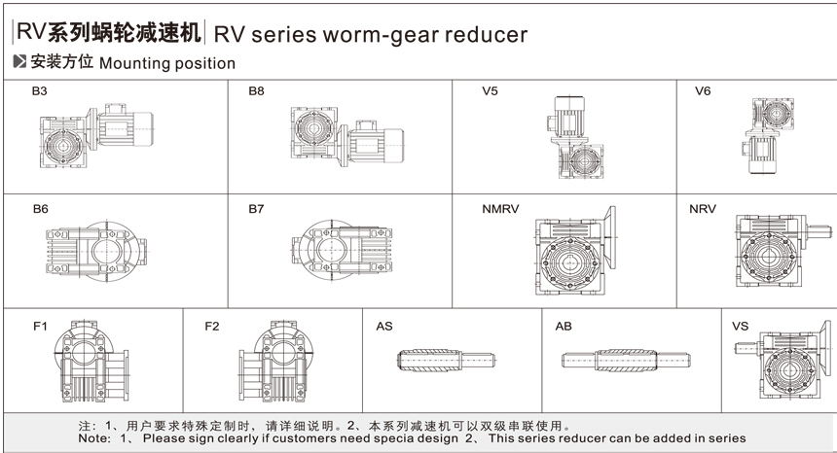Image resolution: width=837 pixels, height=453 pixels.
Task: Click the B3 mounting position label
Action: coord(40,92)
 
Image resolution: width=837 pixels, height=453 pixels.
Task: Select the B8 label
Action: coord(256,92)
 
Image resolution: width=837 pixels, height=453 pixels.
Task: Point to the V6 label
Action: coord(703,92)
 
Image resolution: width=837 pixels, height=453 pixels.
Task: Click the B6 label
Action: coord(40,209)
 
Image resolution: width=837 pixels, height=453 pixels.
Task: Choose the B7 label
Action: coord(256,209)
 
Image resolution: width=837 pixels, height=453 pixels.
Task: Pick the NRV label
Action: coord(706,209)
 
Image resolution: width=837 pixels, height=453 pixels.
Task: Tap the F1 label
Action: coord(40,326)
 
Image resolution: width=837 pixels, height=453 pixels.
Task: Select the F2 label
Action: coord(212,326)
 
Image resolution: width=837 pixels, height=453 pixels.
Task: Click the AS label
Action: coord(384,326)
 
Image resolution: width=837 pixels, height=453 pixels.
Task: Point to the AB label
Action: coord(564,326)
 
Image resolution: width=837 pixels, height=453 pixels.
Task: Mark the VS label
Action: coord(741,326)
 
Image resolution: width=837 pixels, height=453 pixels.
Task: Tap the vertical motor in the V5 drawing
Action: coord(566,114)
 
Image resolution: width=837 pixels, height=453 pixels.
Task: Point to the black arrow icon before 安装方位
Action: coord(20,63)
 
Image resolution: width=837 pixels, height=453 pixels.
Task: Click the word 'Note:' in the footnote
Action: coord(95,439)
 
